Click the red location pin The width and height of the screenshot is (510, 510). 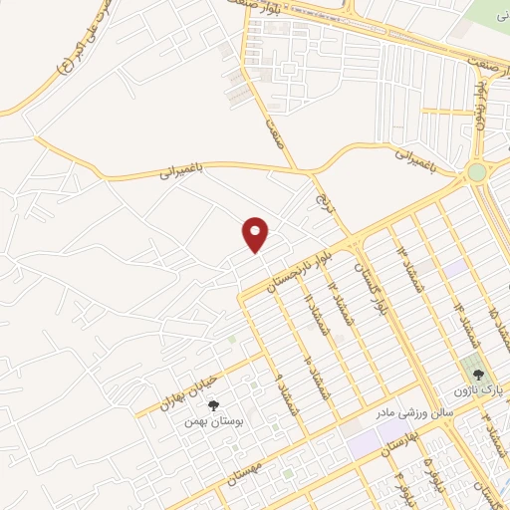point(257,234)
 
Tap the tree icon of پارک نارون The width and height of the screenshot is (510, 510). point(479,375)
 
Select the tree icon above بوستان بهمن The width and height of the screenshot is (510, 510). point(212,404)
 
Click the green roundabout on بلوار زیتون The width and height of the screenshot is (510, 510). point(476,172)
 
